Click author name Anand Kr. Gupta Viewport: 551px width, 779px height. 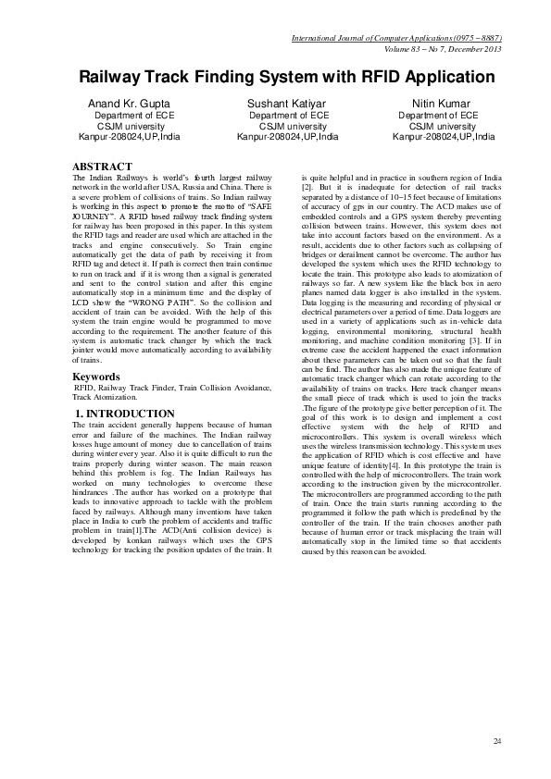(x=130, y=102)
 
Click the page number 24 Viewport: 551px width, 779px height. (x=497, y=740)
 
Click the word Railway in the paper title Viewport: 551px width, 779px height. (x=113, y=76)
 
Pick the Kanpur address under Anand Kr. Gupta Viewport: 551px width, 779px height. (x=130, y=137)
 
